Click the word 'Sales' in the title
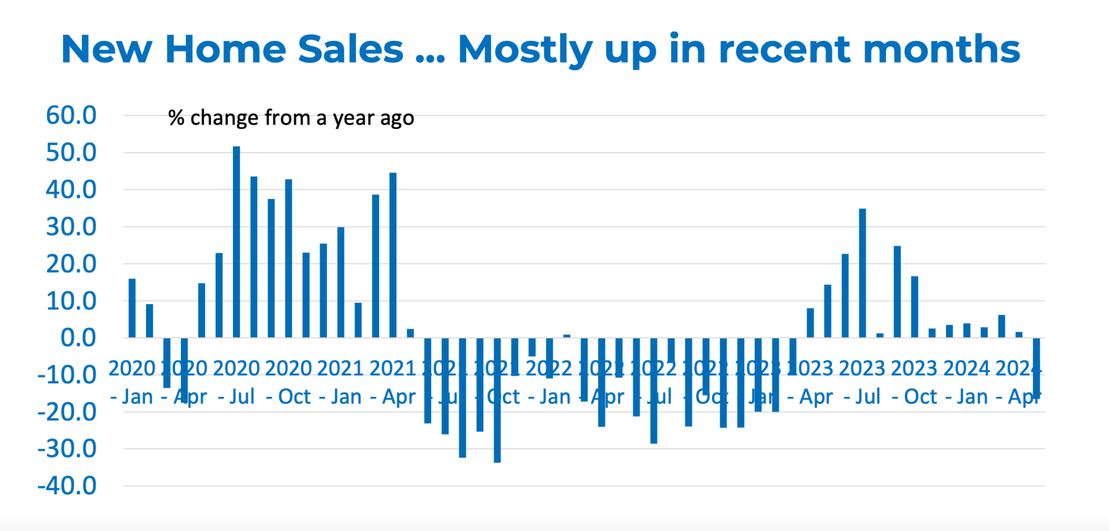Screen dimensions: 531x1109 (x=350, y=49)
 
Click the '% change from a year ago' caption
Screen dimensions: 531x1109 (x=291, y=117)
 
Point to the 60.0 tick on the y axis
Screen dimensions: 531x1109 (x=71, y=115)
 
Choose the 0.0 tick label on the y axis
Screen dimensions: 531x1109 (x=78, y=338)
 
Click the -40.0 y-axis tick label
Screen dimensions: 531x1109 (x=67, y=486)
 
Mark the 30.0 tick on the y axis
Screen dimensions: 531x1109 (x=71, y=227)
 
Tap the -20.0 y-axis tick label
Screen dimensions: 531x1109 (x=67, y=412)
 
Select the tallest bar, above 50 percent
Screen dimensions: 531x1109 (x=237, y=241)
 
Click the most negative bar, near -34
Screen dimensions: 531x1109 (x=497, y=400)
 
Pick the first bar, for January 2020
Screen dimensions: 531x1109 (x=132, y=308)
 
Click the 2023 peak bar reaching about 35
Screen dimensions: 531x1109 (x=863, y=273)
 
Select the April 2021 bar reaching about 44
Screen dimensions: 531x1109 (x=393, y=255)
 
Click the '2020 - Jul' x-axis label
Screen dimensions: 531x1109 (x=237, y=382)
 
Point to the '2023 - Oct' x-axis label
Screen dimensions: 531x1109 (x=914, y=382)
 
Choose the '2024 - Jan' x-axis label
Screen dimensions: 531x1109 (x=967, y=382)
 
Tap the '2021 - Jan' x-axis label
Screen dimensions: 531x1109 (x=340, y=382)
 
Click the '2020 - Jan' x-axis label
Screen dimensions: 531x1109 (x=132, y=382)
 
